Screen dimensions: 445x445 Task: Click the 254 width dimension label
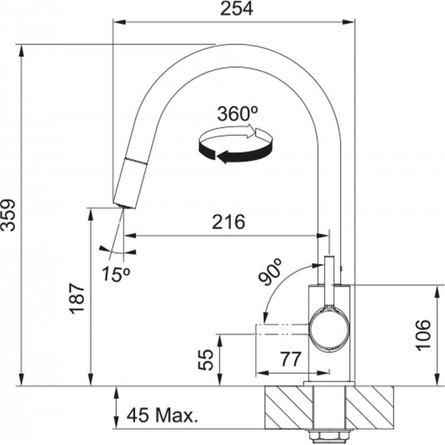click(236, 9)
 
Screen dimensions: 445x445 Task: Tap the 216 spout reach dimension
click(229, 221)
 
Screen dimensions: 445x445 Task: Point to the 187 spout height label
click(77, 298)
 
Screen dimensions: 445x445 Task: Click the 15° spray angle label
click(116, 274)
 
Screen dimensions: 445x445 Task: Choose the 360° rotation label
click(238, 113)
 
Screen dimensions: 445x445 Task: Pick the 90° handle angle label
click(270, 271)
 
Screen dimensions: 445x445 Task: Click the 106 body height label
click(423, 335)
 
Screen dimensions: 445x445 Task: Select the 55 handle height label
click(205, 360)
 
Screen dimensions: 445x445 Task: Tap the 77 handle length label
click(290, 359)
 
